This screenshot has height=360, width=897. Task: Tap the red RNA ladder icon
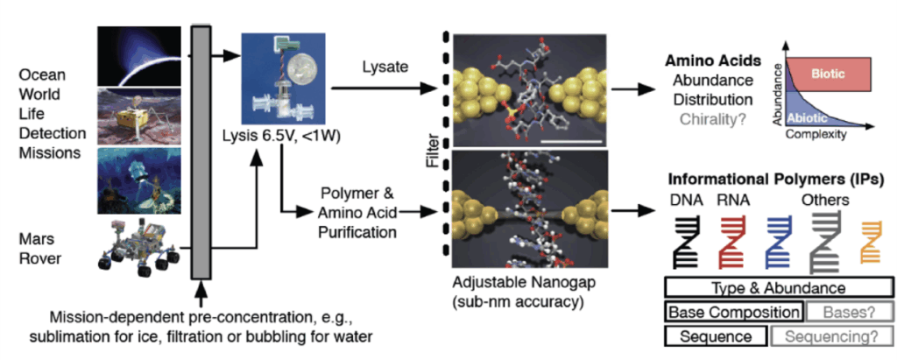733,243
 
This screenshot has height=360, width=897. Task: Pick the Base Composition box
734,313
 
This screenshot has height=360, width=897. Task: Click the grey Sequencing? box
830,337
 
